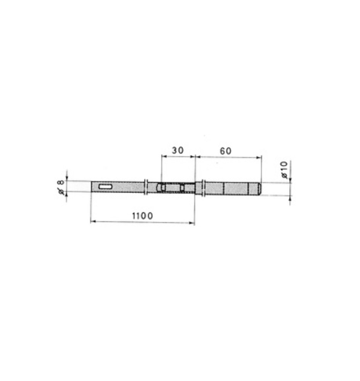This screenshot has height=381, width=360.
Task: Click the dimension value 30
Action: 178,150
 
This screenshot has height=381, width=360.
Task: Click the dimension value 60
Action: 225,151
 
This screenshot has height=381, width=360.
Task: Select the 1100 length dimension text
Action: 142,216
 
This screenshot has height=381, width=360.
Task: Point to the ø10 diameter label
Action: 284,170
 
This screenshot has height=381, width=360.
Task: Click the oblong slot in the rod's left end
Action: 105,187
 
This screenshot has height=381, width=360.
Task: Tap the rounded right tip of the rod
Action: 259,189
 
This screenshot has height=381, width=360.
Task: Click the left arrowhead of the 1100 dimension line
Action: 93,221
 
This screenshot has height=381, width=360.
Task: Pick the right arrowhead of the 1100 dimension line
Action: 192,223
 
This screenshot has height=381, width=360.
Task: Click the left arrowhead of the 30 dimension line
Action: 164,157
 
